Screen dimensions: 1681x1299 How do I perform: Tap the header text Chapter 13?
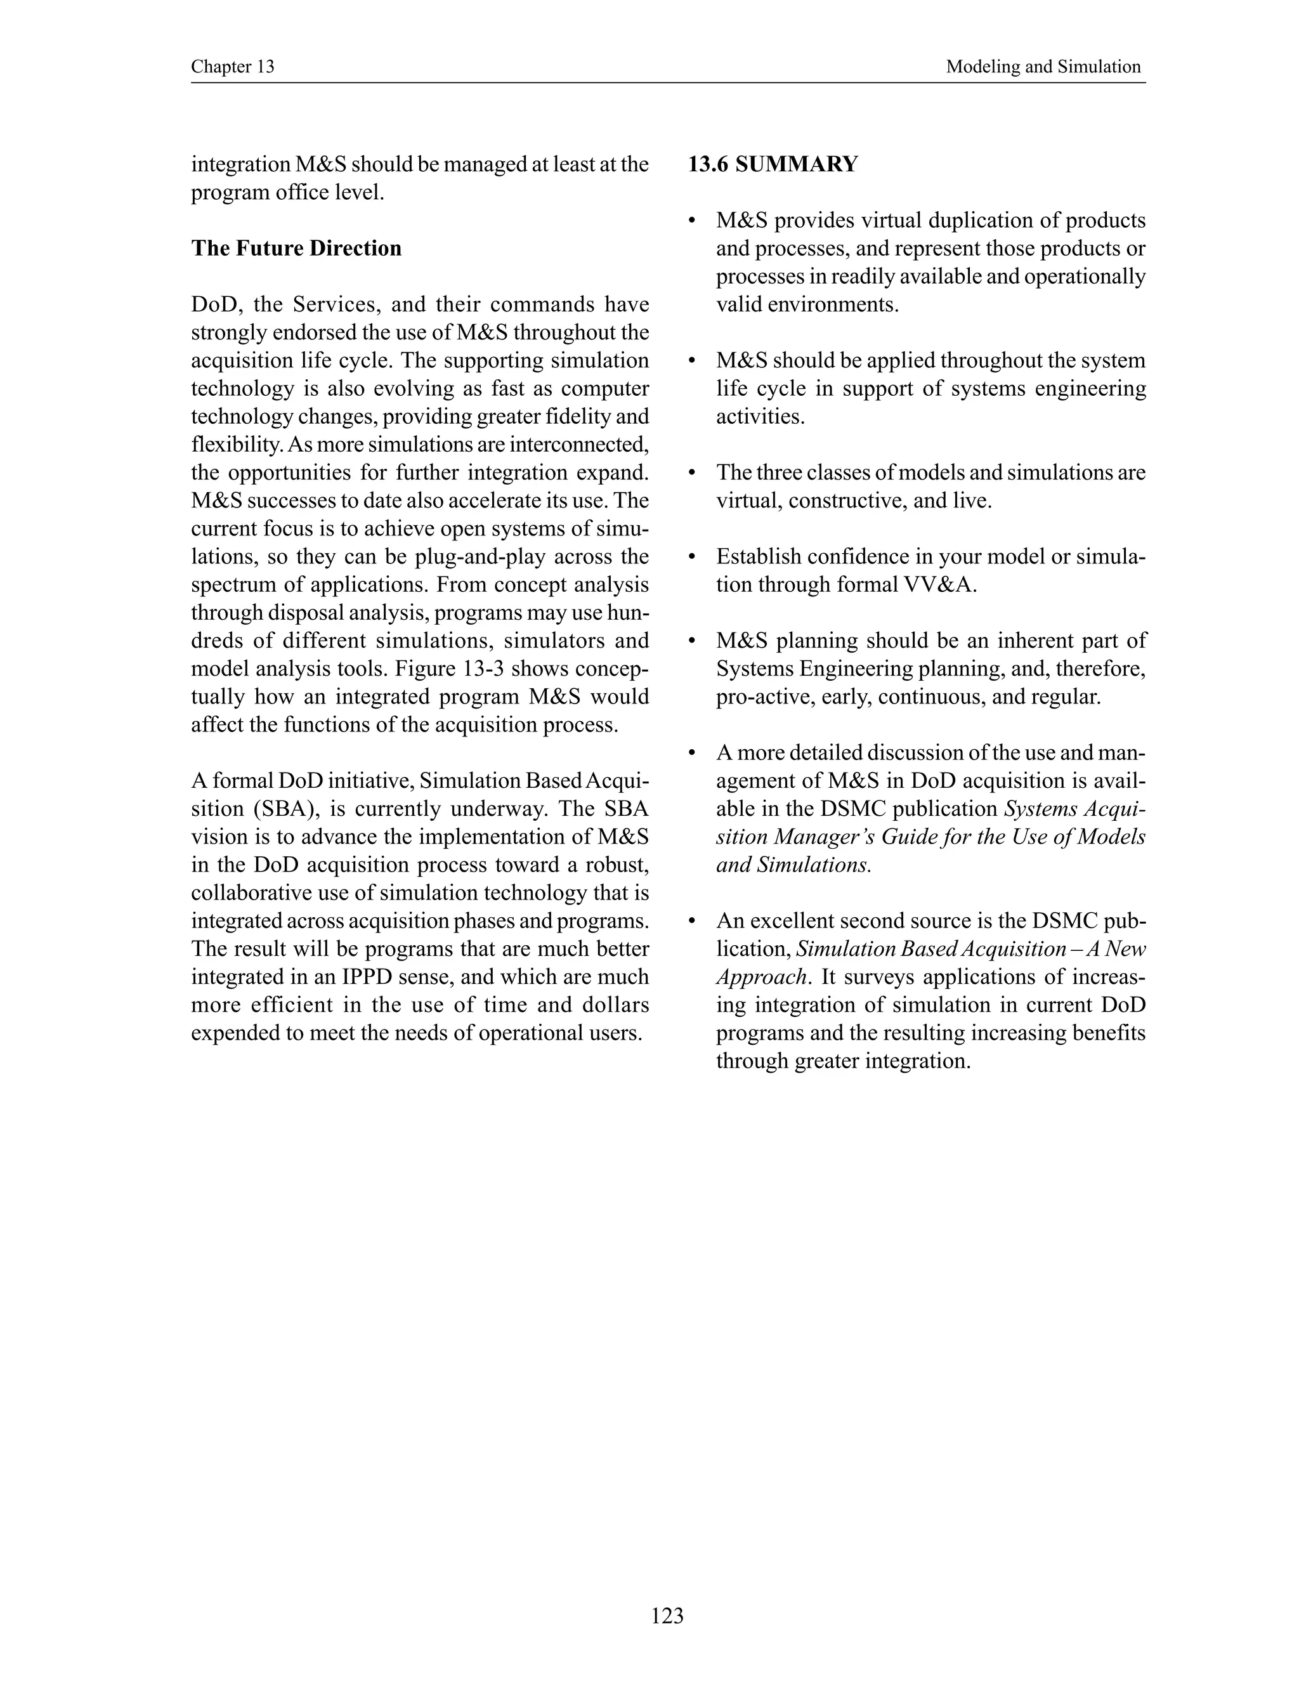coord(232,67)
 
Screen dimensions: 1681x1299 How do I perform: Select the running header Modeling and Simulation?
coord(1043,67)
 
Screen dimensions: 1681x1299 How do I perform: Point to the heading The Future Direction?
coord(296,249)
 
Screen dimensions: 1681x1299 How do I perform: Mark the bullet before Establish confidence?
coord(693,557)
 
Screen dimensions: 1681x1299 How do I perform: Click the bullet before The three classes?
coord(693,473)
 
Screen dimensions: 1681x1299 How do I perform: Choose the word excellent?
coord(790,921)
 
